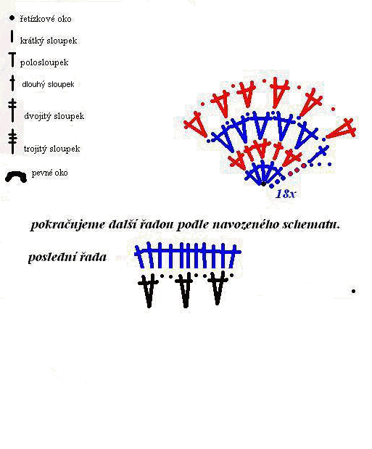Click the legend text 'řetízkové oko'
coord(46,19)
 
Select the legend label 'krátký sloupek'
coord(49,41)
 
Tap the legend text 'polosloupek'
coord(44,62)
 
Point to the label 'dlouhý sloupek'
coord(48,84)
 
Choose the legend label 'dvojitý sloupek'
coord(54,116)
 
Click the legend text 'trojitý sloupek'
coord(51,149)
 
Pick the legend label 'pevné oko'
coord(49,173)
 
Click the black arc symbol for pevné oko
coord(16,176)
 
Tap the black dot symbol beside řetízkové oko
coord(12,18)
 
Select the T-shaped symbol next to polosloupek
coord(12,59)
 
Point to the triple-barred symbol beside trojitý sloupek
coord(12,141)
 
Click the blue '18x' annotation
coord(285,194)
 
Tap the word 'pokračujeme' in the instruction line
coord(68,225)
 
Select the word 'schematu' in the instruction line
coord(311,224)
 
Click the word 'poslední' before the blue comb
coord(51,257)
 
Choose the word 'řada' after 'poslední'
coord(93,257)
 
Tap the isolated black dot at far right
coord(353,291)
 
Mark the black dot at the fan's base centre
coord(263,184)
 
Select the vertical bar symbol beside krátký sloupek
coord(12,37)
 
